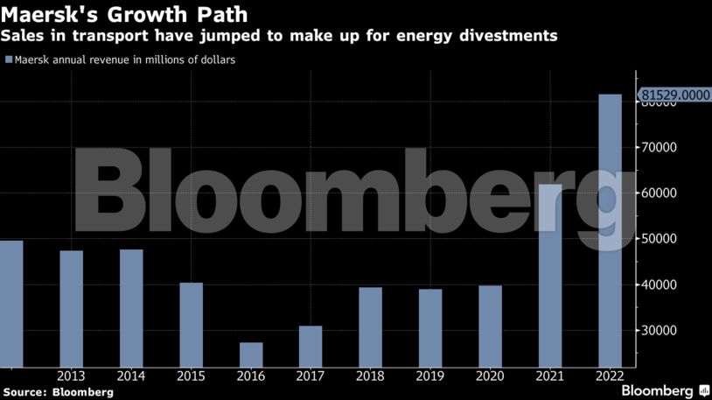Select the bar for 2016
[251, 354]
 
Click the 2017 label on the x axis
[311, 376]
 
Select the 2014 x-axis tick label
[131, 376]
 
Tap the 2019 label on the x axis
[430, 376]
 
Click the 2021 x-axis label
[549, 376]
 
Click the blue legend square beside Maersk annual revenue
[8, 60]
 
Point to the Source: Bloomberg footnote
[58, 392]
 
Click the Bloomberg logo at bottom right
[665, 390]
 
